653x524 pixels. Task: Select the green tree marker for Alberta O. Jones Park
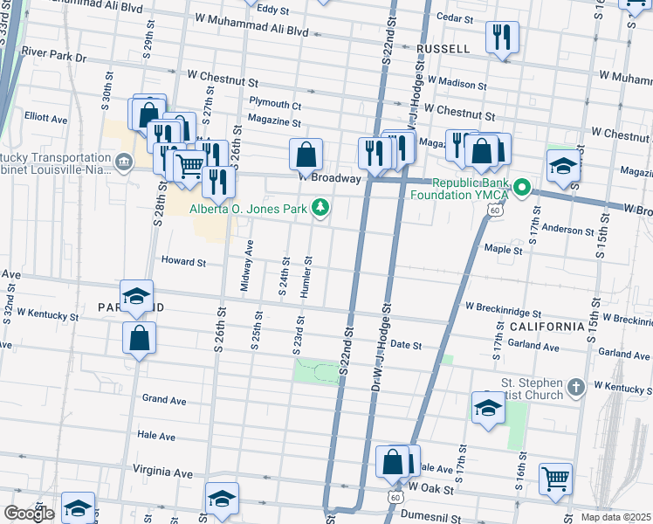(x=321, y=208)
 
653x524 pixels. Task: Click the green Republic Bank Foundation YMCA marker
(x=522, y=186)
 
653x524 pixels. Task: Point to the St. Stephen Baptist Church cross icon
(x=574, y=386)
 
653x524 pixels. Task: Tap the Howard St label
(x=183, y=261)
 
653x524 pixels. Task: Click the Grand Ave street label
(x=164, y=400)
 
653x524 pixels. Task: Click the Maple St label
(x=503, y=250)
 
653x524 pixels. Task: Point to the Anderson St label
(x=568, y=231)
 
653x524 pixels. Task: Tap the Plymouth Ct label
(x=274, y=103)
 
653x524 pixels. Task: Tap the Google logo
(x=29, y=514)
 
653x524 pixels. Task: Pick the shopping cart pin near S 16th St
(x=555, y=479)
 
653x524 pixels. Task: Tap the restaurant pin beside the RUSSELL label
(x=502, y=38)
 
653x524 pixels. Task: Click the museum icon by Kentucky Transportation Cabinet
(x=124, y=162)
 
